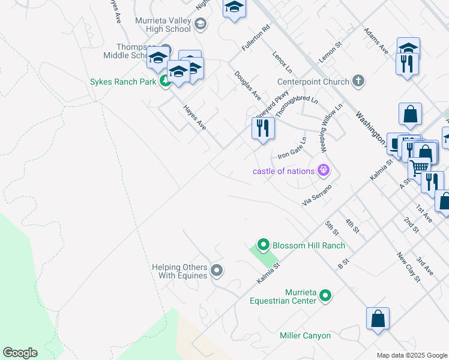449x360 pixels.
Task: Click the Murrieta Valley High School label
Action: (163, 25)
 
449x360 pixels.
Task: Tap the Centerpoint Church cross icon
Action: (358, 82)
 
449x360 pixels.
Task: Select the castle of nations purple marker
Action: (324, 171)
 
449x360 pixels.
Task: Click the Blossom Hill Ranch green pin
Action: (262, 245)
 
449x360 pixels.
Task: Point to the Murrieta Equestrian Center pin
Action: (325, 295)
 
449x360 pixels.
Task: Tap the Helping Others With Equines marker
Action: (217, 271)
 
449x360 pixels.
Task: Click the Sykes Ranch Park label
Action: (124, 82)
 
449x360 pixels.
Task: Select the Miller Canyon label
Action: (305, 335)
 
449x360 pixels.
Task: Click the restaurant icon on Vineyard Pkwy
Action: (263, 128)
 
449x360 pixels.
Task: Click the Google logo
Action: (20, 353)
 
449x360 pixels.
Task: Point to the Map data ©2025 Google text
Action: (411, 355)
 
